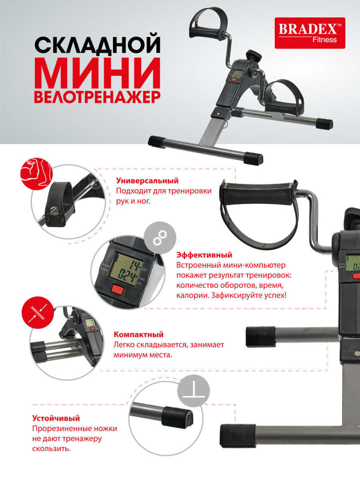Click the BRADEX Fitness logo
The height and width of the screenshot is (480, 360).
click(310, 33)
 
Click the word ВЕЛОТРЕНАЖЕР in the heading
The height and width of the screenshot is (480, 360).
click(97, 96)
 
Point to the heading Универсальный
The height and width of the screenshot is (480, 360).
click(147, 181)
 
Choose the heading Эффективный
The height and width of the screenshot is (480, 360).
click(204, 255)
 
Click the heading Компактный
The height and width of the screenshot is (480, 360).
click(138, 334)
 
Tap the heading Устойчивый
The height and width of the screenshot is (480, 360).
click(56, 418)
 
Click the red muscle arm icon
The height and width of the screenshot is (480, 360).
click(37, 174)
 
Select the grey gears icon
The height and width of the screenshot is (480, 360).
click(160, 238)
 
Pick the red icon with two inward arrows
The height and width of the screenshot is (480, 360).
click(38, 313)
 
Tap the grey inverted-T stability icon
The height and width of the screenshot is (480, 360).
click(194, 390)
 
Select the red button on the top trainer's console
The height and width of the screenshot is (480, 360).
click(234, 80)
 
